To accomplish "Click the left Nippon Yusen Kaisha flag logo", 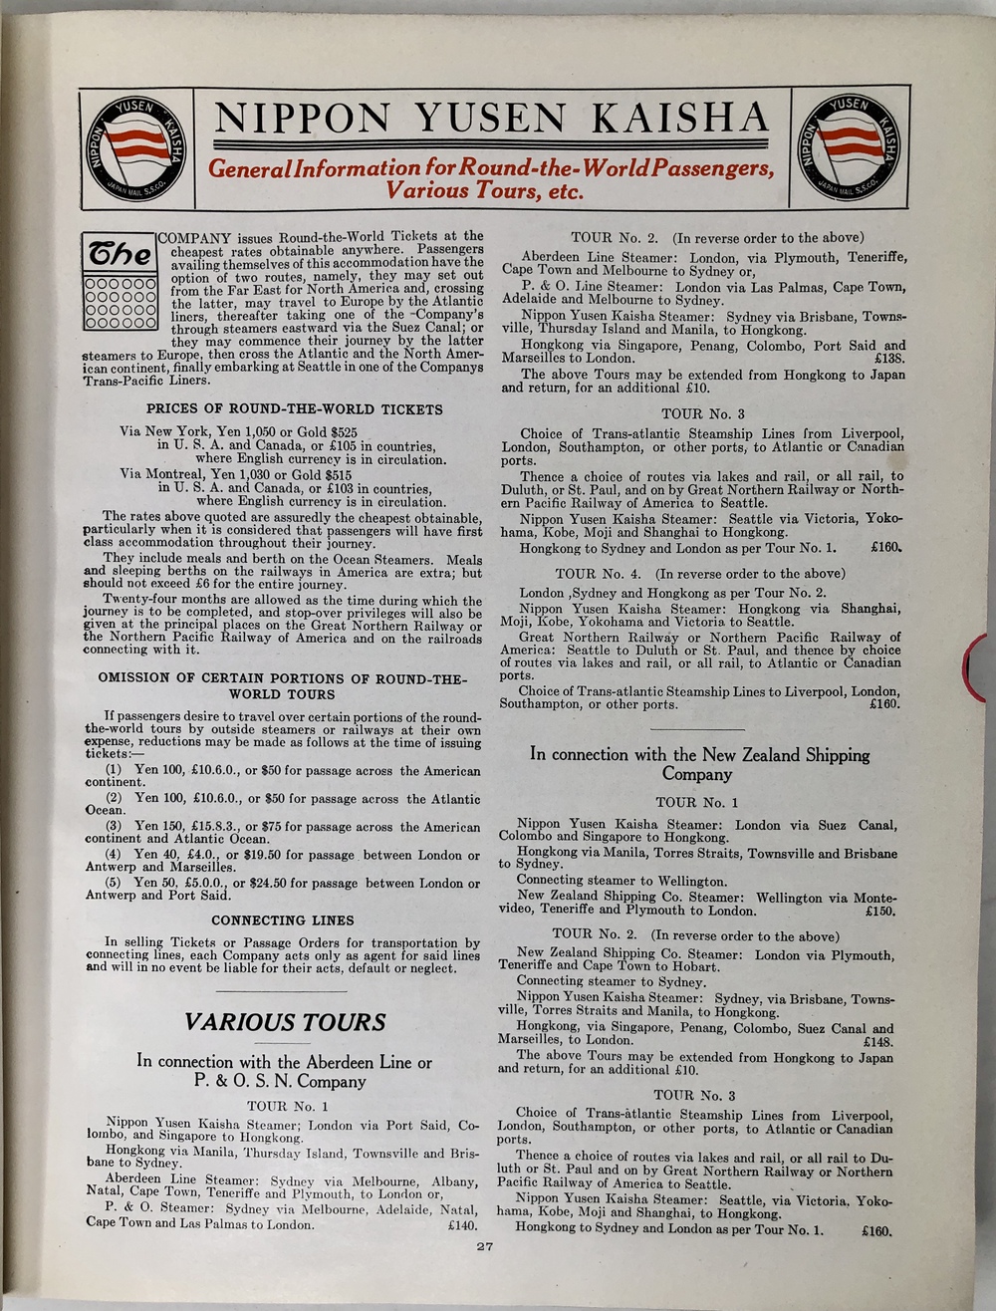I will [137, 147].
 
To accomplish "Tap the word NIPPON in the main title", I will [302, 120].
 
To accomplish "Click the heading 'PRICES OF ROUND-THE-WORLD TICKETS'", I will [295, 409].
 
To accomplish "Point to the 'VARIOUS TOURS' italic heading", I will [285, 1022].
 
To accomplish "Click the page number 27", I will [485, 1246].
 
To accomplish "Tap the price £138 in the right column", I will [887, 358].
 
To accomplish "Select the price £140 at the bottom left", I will [463, 1224].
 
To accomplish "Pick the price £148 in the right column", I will [877, 1040].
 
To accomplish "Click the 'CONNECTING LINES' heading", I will [283, 920].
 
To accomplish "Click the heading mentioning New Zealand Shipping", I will [699, 764].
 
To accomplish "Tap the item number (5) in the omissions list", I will [115, 883].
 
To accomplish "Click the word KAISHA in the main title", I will [681, 120].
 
